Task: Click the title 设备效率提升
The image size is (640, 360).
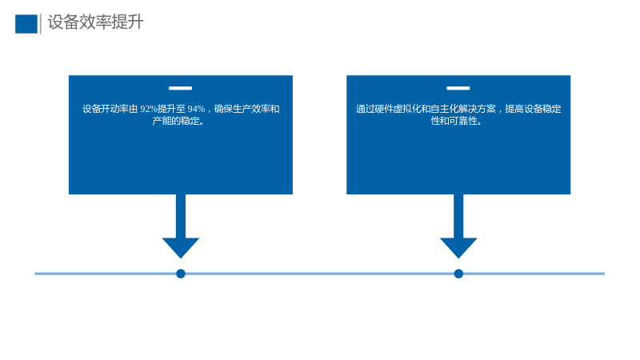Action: pyautogui.click(x=95, y=22)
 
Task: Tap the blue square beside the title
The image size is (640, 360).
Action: pyautogui.click(x=26, y=24)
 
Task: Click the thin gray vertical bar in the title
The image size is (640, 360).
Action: pyautogui.click(x=41, y=24)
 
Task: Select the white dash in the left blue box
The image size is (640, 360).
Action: pyautogui.click(x=181, y=88)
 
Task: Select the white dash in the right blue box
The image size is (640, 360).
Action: pyautogui.click(x=458, y=88)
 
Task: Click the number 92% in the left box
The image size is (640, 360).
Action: pyautogui.click(x=149, y=109)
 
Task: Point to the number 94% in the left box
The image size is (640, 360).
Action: pyautogui.click(x=196, y=109)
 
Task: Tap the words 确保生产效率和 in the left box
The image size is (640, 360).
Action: pyautogui.click(x=247, y=109)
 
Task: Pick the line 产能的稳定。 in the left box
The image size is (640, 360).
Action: pyautogui.click(x=178, y=121)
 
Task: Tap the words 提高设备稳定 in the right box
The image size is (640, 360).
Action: pyautogui.click(x=533, y=109)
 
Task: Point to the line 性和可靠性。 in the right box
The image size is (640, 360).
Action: pyautogui.click(x=457, y=121)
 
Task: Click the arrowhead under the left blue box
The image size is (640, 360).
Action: pyautogui.click(x=181, y=248)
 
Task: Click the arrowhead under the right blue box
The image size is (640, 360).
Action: pyautogui.click(x=458, y=248)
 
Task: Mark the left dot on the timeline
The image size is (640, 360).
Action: pyautogui.click(x=181, y=274)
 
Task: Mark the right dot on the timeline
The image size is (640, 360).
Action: pyautogui.click(x=458, y=274)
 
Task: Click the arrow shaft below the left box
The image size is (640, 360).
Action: pyautogui.click(x=181, y=216)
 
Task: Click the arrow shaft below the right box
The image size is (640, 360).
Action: pyautogui.click(x=458, y=216)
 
